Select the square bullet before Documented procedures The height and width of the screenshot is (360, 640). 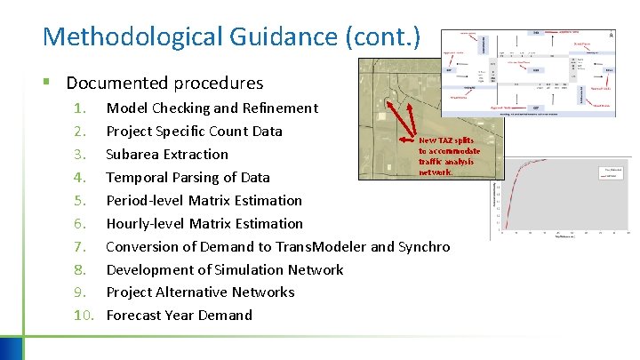click(x=46, y=84)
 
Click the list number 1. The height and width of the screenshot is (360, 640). click(x=80, y=108)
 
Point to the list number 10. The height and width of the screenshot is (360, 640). click(x=84, y=316)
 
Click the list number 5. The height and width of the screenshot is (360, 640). click(x=80, y=201)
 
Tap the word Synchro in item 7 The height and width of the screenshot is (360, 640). click(x=424, y=247)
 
